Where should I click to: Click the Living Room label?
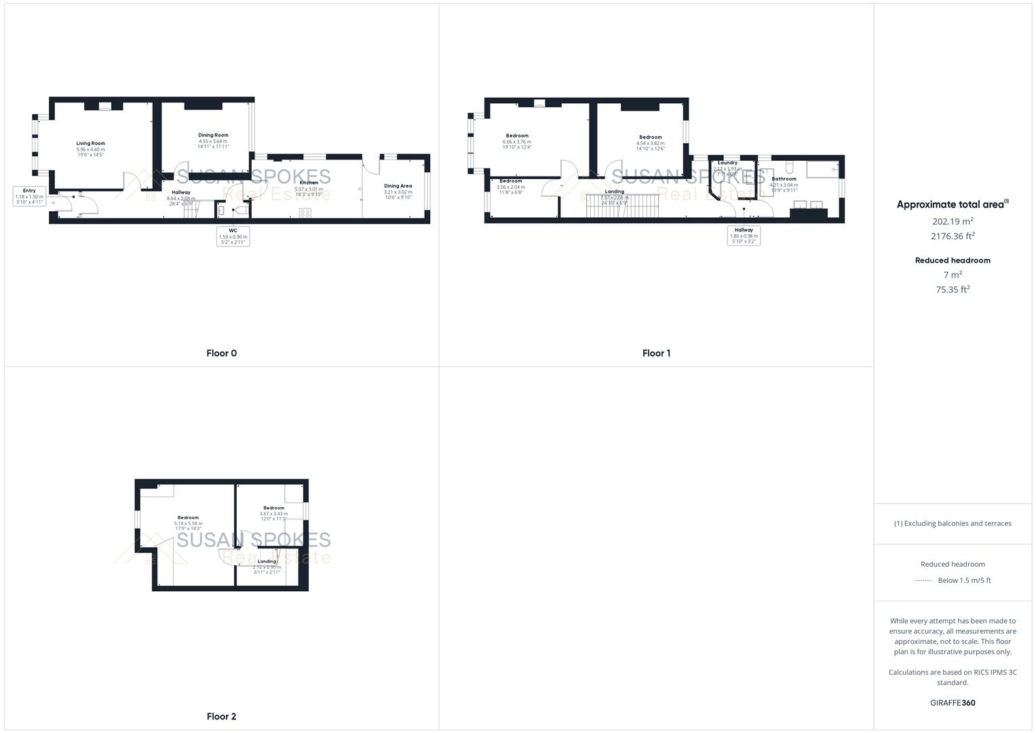(90, 143)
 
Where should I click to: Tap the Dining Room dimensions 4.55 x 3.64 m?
(213, 141)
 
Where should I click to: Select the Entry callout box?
(29, 196)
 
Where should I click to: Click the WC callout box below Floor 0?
(233, 236)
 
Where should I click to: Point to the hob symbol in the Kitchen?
(305, 212)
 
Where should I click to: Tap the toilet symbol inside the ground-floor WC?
(241, 211)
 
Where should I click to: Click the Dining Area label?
(398, 186)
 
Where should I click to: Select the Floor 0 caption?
(221, 353)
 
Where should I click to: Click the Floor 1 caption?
(656, 353)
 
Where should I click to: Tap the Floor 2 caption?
(221, 716)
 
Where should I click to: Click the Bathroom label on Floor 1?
(784, 179)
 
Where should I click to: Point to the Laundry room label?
(727, 163)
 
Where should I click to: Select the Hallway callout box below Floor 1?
(744, 236)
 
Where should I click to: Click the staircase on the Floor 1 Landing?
(623, 206)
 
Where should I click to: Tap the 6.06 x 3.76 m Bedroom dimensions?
(516, 142)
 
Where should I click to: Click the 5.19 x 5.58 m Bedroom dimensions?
(188, 523)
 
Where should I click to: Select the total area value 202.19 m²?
(953, 221)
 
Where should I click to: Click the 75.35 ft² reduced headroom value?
(953, 290)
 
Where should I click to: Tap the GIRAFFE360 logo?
(953, 702)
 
